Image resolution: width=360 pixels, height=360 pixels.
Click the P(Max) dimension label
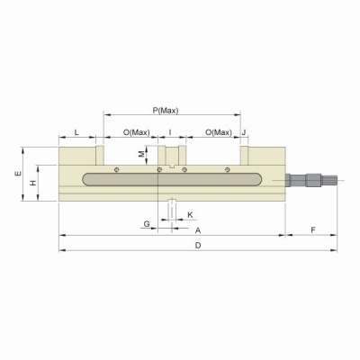pyautogui.click(x=166, y=110)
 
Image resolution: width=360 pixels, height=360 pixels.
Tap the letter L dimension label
pyautogui.click(x=76, y=132)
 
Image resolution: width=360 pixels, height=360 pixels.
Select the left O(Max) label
pyautogui.click(x=136, y=132)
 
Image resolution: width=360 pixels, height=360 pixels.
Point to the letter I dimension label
pyautogui.click(x=170, y=132)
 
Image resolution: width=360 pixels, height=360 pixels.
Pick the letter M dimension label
pyautogui.click(x=141, y=154)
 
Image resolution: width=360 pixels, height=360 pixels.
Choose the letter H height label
pyautogui.click(x=34, y=183)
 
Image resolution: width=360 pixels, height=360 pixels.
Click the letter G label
pyautogui.click(x=146, y=221)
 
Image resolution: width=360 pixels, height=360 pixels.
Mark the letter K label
pyautogui.click(x=190, y=215)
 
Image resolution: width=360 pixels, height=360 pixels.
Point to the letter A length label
pyautogui.click(x=197, y=230)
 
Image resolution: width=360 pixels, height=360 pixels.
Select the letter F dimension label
pyautogui.click(x=311, y=230)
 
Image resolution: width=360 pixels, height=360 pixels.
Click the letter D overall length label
pyautogui.click(x=197, y=245)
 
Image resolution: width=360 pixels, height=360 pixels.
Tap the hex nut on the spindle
pyautogui.click(x=312, y=181)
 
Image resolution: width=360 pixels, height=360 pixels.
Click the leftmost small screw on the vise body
pyautogui.click(x=116, y=168)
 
